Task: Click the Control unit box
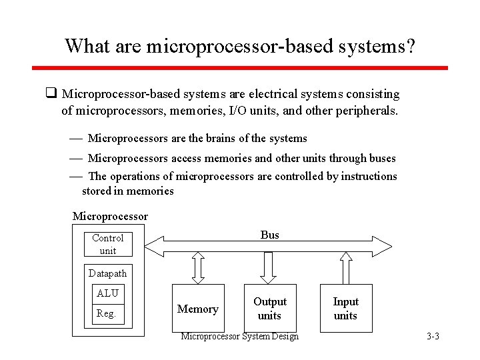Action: coord(107,244)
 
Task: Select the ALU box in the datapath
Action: coord(107,293)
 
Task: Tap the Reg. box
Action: coord(107,313)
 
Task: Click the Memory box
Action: coord(197,309)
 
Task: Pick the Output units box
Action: coord(269,309)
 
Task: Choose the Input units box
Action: coord(345,309)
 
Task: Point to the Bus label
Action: coord(270,235)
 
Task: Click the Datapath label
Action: coord(107,273)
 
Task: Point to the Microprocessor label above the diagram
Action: coord(110,216)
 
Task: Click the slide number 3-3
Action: coord(433,337)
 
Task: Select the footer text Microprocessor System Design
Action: coord(240,336)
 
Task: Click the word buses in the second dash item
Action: coord(381,158)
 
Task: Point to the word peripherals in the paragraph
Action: coord(367,111)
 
